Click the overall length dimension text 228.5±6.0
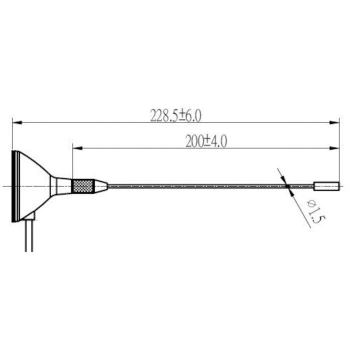[x=175, y=116]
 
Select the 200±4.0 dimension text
[x=205, y=142]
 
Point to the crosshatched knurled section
[x=82, y=186]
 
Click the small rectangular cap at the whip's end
[x=326, y=186]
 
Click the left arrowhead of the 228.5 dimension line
[x=15, y=122]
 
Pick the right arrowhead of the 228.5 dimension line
[x=335, y=122]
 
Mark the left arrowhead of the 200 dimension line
[x=76, y=148]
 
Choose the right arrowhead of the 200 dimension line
[x=335, y=148]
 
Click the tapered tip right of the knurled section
[x=100, y=186]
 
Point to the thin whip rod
[x=200, y=186]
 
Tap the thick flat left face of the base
[x=15, y=185]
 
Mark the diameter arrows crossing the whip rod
[x=287, y=186]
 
